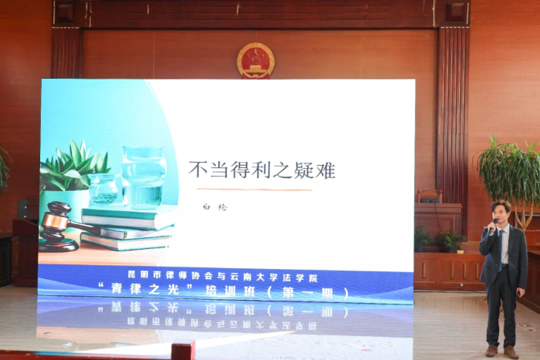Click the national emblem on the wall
pyautogui.click(x=255, y=60)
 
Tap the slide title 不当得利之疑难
pyautogui.click(x=262, y=170)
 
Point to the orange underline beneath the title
pyautogui.click(x=254, y=189)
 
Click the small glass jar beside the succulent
pyautogui.click(x=103, y=188)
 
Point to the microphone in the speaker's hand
pyautogui.click(x=494, y=224)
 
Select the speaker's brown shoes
pyautogui.click(x=501, y=351)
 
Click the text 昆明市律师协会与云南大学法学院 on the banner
pyautogui.click(x=224, y=277)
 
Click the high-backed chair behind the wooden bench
pyautogui.click(x=430, y=197)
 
